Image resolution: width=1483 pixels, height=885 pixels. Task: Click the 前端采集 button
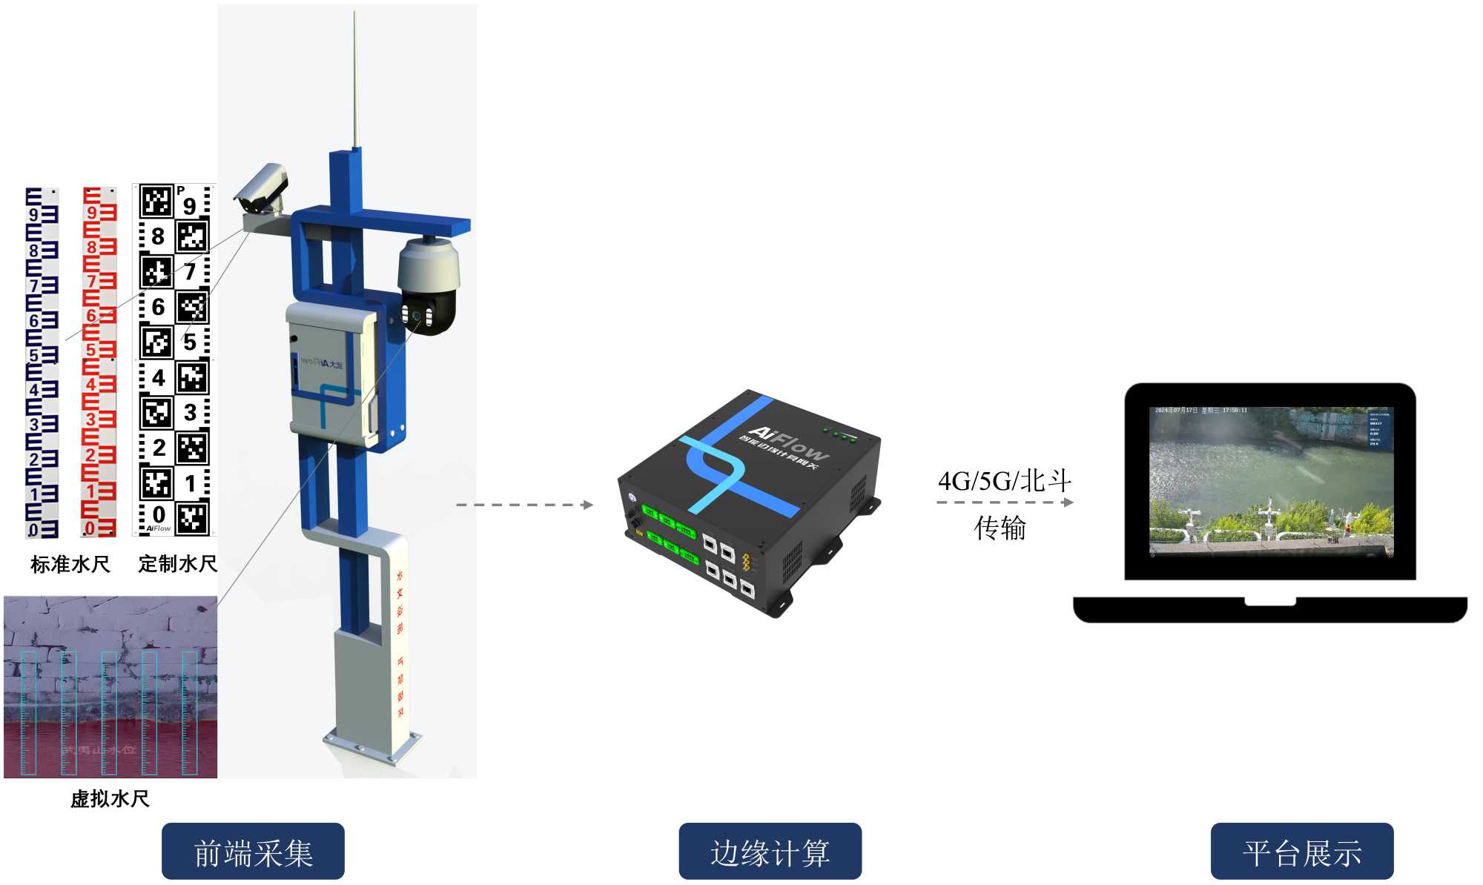click(253, 852)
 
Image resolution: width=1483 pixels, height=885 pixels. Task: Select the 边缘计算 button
click(770, 852)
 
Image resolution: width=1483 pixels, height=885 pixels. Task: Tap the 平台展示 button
click(1301, 852)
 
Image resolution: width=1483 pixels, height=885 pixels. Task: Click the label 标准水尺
click(70, 565)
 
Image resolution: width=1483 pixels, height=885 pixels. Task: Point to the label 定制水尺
click(177, 564)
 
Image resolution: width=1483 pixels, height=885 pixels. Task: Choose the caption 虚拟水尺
click(110, 799)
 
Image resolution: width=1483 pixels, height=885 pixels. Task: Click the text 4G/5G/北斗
click(1004, 481)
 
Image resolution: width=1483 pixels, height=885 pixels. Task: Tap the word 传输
click(1000, 528)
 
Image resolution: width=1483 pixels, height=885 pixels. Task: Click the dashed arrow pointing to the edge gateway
click(524, 505)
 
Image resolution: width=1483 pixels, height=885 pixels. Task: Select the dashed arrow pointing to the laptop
click(1004, 503)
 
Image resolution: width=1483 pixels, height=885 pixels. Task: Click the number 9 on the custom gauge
click(190, 205)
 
